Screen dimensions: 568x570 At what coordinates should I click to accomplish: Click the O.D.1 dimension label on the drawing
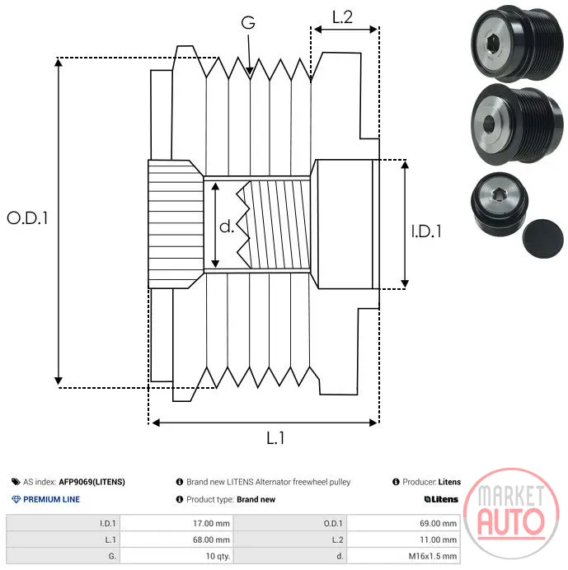(27, 217)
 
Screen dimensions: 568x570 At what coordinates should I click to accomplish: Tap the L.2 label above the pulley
(342, 17)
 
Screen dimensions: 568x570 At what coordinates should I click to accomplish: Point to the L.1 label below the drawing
(275, 438)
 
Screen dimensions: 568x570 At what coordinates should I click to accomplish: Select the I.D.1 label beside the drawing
(426, 231)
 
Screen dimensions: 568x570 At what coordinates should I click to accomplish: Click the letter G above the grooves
(248, 22)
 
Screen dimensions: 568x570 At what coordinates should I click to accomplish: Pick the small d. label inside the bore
(227, 227)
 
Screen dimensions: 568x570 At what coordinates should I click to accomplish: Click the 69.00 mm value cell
(438, 524)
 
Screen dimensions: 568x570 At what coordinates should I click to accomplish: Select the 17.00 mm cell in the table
(211, 524)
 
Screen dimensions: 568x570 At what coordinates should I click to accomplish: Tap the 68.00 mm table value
(211, 540)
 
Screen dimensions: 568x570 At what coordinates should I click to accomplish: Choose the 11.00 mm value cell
(438, 540)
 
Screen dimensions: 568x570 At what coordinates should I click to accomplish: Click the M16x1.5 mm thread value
(432, 556)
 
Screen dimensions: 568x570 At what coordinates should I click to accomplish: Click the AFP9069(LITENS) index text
(92, 482)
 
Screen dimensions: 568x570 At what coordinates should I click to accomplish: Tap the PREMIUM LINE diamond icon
(16, 499)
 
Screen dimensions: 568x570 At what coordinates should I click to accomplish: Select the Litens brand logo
(441, 499)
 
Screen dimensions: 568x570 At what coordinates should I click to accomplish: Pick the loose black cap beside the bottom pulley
(542, 239)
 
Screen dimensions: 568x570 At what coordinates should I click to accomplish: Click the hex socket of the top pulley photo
(492, 44)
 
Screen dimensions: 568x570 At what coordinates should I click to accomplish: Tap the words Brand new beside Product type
(256, 499)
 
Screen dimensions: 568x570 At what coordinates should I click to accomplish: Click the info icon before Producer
(396, 482)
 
